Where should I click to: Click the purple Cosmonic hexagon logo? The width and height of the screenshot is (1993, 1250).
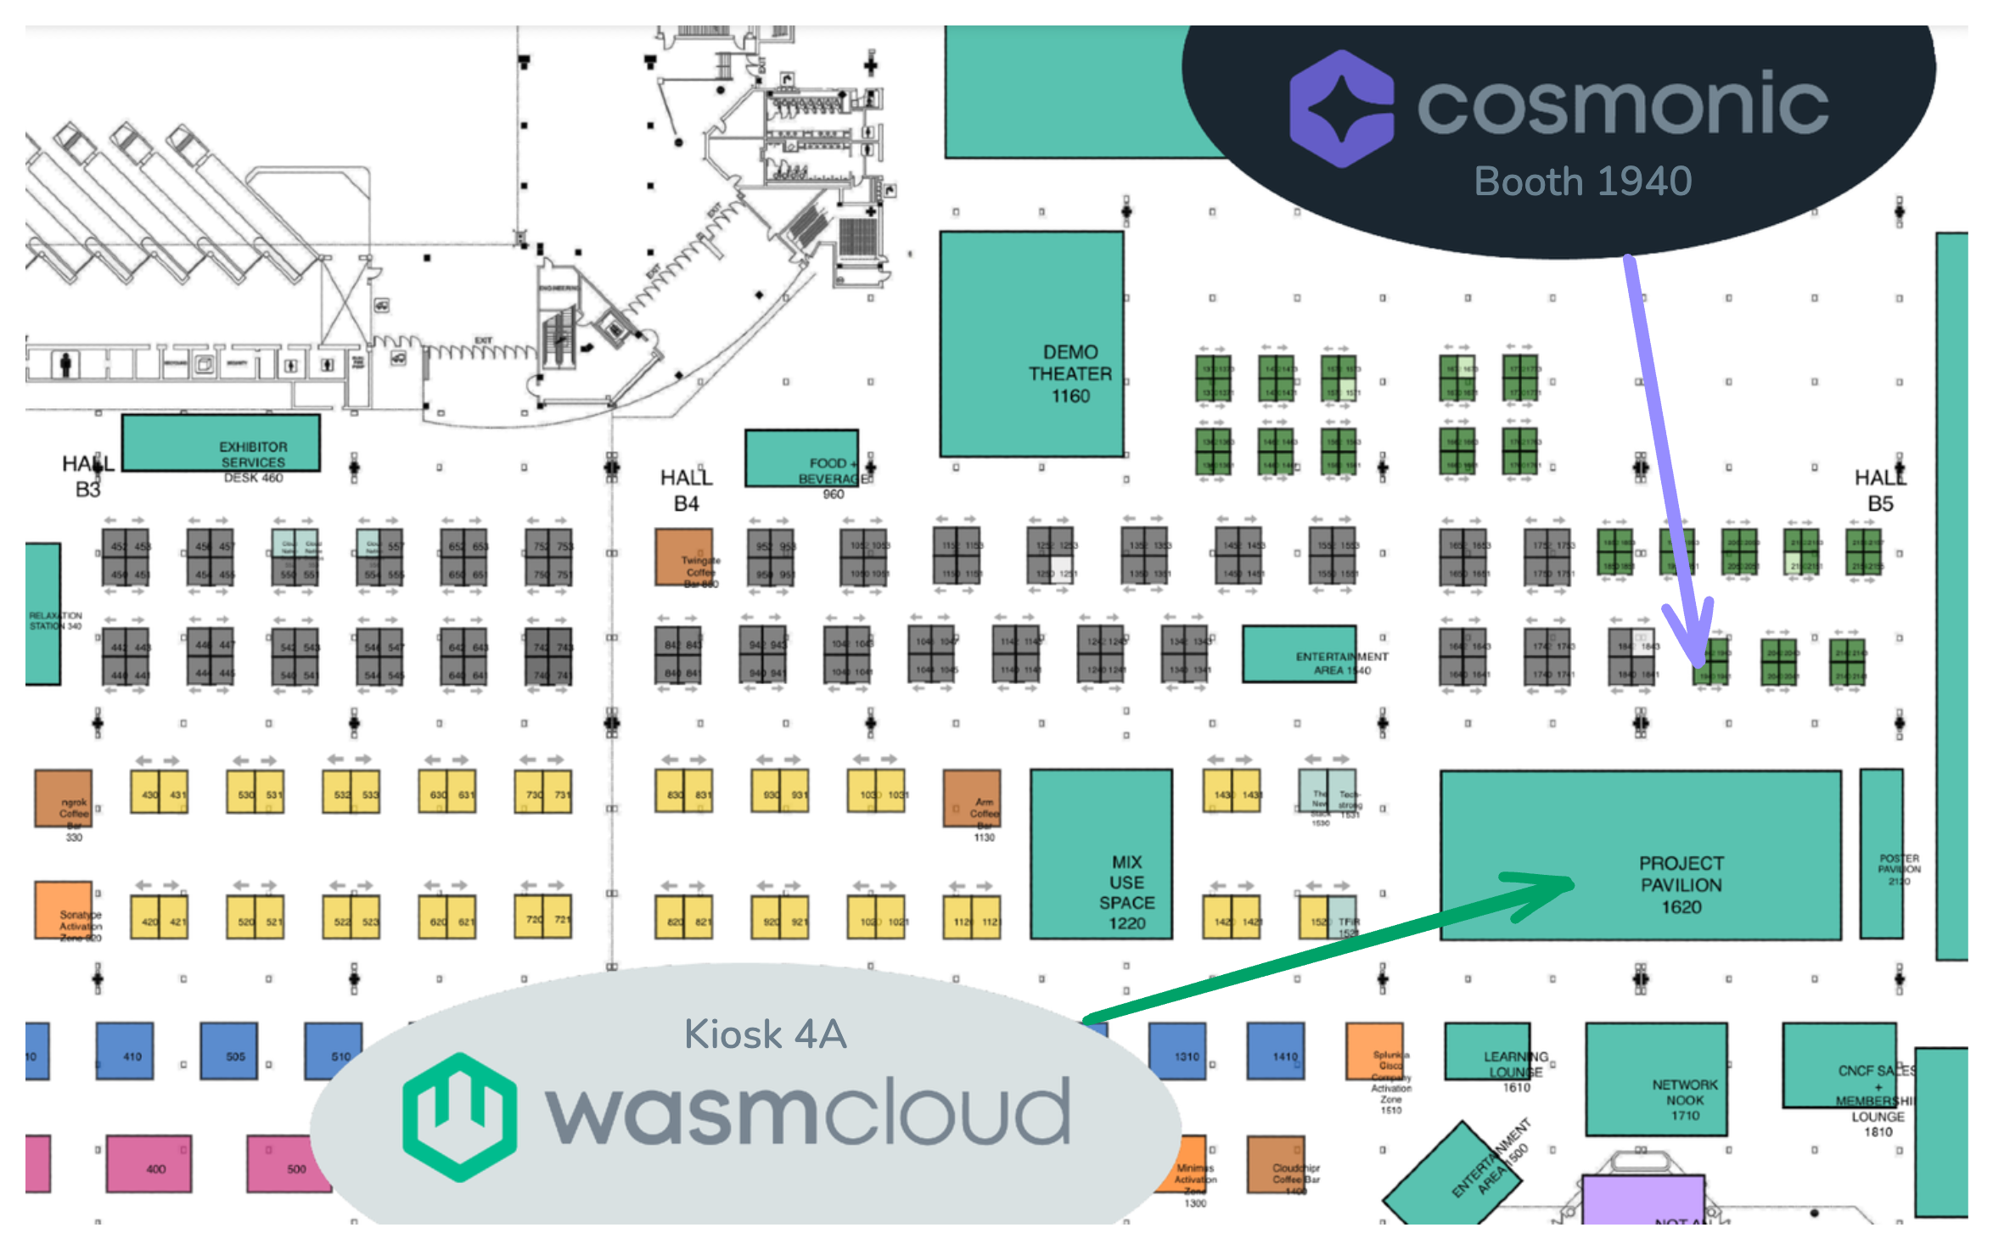click(x=1341, y=108)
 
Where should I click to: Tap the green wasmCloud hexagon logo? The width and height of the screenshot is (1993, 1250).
click(x=459, y=1116)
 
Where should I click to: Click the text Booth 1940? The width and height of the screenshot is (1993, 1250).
click(x=1583, y=182)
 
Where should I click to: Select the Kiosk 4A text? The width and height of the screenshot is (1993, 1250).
click(x=766, y=1034)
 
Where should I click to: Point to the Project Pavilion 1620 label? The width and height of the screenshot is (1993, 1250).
click(x=1681, y=885)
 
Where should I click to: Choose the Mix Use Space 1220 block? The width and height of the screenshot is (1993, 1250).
click(x=1101, y=854)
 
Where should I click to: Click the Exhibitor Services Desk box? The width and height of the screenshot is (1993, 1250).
click(x=222, y=442)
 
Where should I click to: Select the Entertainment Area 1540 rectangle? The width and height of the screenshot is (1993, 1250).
click(x=1300, y=654)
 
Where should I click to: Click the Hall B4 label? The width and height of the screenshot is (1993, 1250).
click(x=686, y=490)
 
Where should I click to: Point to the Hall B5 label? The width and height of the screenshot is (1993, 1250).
click(x=1880, y=490)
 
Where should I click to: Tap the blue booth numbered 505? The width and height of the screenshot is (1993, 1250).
click(x=229, y=1051)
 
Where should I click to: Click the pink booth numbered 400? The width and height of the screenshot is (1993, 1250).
click(x=149, y=1163)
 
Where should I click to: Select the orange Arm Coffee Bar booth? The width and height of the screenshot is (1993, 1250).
click(x=972, y=798)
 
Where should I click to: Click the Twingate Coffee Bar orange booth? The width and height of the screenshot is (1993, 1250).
click(x=684, y=557)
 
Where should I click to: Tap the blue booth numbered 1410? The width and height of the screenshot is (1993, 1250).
click(x=1275, y=1051)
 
